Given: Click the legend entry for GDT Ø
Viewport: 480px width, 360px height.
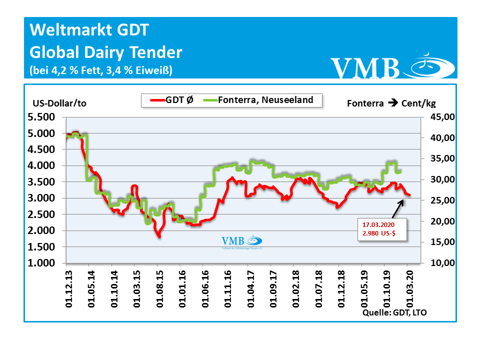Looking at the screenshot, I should [170, 100].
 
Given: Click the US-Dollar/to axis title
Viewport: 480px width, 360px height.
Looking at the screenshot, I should [59, 103].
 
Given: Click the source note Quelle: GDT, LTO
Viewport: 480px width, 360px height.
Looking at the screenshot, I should [395, 312].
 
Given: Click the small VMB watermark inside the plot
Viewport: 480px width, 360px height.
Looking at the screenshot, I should [242, 242].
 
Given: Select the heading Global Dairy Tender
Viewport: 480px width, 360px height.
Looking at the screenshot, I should [106, 52].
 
